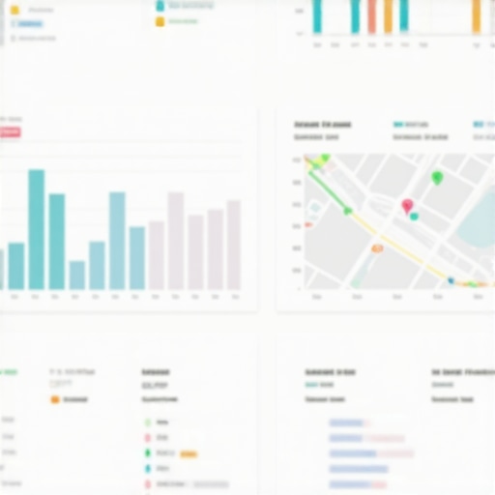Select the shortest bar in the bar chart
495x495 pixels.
pos(77,276)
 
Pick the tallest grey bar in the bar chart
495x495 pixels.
pos(176,241)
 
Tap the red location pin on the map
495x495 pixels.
pos(407,206)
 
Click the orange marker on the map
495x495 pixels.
pos(377,248)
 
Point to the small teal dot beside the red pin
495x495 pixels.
pos(414,217)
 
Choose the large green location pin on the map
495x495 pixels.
pos(437,177)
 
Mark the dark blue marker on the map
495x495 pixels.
pos(451,281)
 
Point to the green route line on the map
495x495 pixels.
pos(330,189)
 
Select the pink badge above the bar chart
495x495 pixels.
pos(11,131)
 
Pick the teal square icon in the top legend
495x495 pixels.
pos(160,6)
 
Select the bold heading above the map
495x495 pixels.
pos(322,125)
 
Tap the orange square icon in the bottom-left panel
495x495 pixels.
pos(55,398)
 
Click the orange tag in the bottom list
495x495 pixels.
pos(189,453)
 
